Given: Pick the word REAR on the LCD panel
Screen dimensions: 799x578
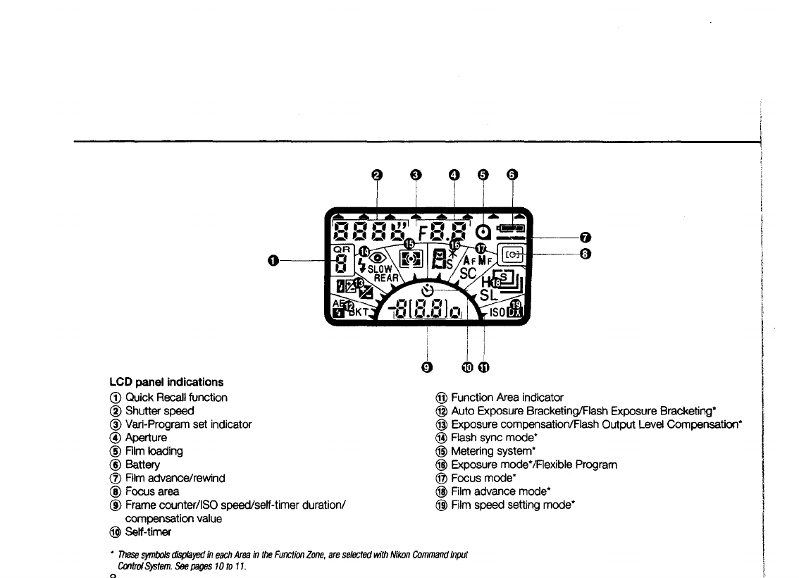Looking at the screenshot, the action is (x=386, y=278).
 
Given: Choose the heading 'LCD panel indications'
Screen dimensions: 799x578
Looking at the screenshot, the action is (x=166, y=382).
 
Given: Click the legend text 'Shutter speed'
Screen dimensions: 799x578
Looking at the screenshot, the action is (x=159, y=410).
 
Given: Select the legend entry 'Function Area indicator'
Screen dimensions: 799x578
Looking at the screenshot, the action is (x=507, y=398).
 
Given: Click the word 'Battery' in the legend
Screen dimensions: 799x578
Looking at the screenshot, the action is (x=143, y=465).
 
